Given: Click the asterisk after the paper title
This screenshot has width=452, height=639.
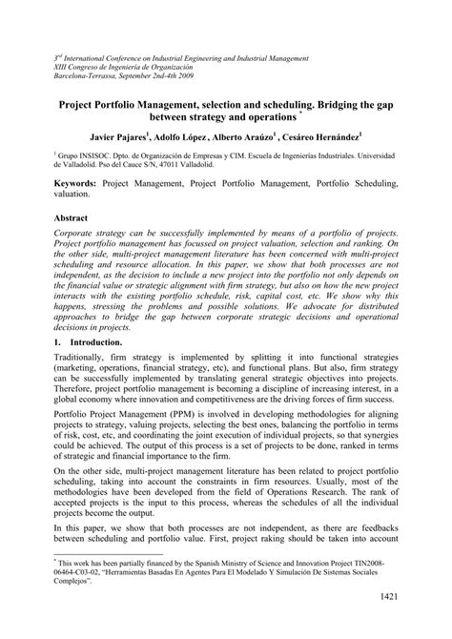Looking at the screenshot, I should coord(300,109).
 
